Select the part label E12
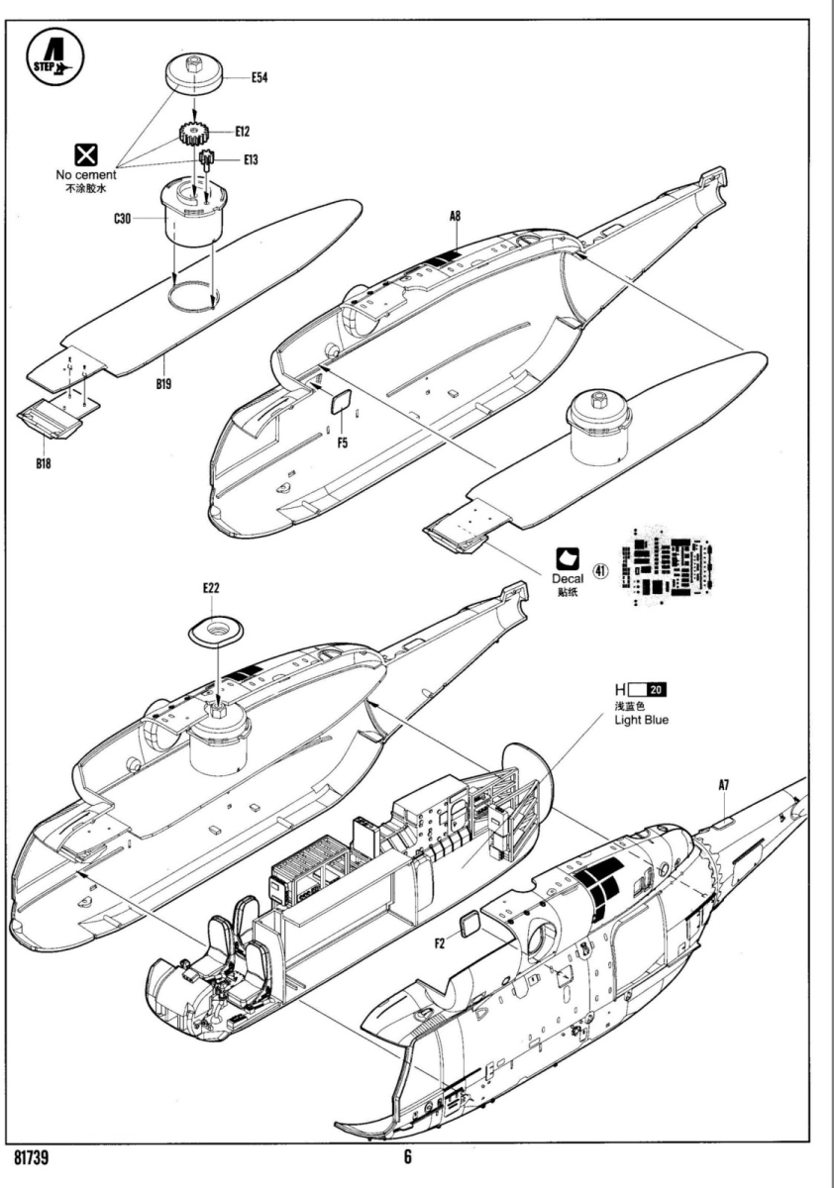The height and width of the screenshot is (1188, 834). (244, 131)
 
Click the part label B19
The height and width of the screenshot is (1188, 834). (163, 384)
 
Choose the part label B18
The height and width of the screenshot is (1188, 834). (39, 463)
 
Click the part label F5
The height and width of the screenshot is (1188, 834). (342, 443)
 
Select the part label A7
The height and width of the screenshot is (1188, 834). (724, 785)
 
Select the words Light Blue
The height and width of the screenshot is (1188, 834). (642, 720)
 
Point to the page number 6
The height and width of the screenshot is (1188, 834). (408, 1156)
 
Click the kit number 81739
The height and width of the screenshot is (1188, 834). (38, 1156)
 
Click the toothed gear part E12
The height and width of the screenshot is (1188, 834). (197, 131)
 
